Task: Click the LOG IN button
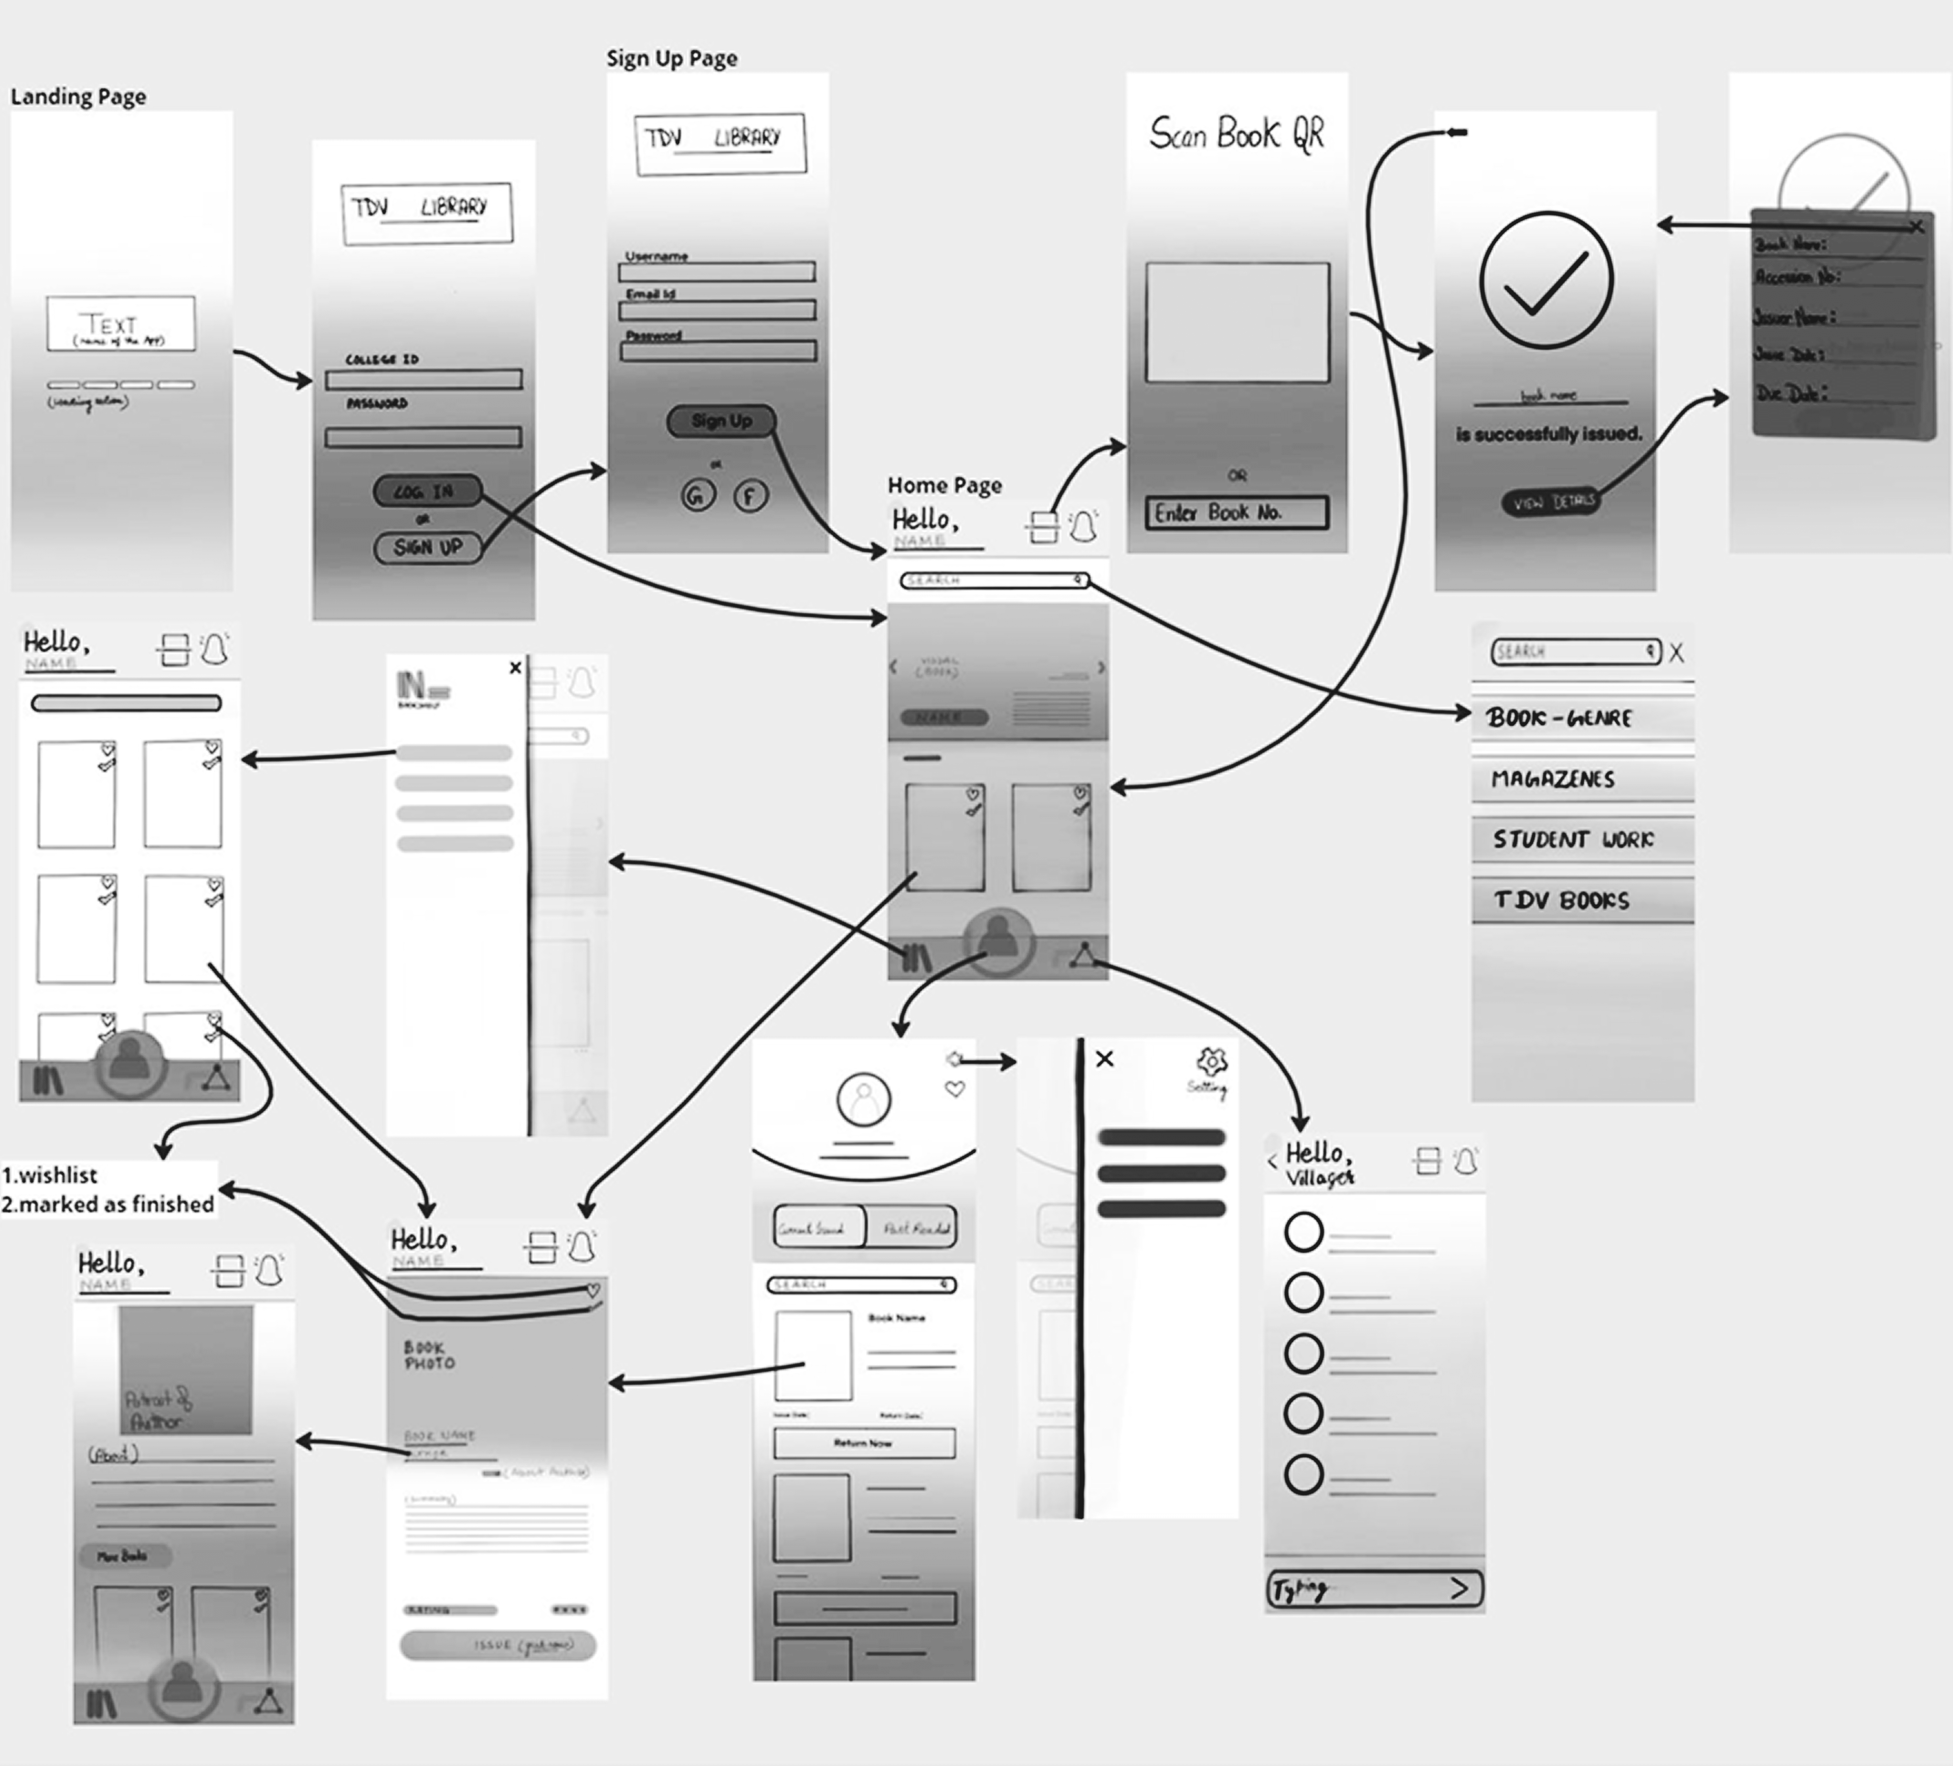426,491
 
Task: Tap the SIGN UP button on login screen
427,547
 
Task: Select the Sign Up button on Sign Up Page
721,420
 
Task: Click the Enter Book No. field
1236,512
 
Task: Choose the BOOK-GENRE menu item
1581,718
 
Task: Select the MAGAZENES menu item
1581,779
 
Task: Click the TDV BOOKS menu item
1581,900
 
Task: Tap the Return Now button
863,1442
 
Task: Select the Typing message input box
1374,1589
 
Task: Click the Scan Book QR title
1236,134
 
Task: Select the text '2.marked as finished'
108,1204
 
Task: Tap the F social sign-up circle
749,496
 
